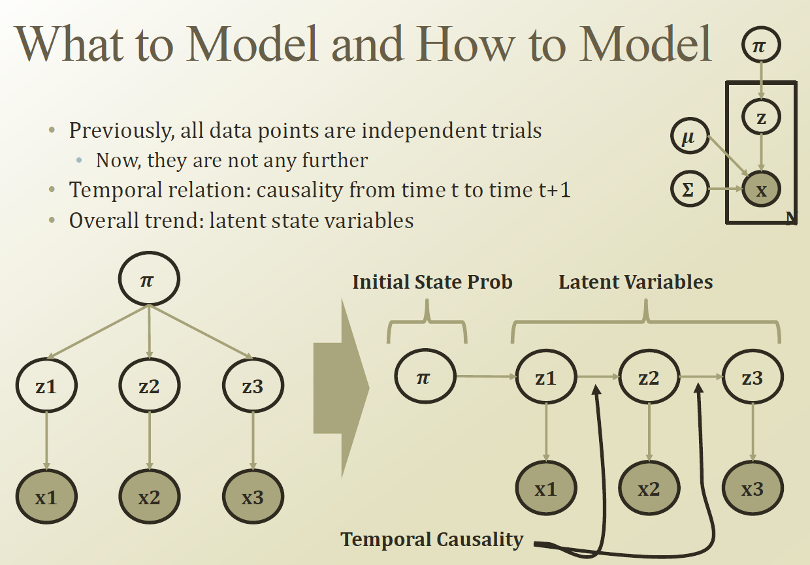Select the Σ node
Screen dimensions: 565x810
690,190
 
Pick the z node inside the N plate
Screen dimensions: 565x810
761,118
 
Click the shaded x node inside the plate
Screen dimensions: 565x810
761,190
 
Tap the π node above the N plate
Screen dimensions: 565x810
761,46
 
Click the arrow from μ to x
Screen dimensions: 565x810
728,157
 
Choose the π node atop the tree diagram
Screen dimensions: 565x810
148,280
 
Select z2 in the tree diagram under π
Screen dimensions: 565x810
149,386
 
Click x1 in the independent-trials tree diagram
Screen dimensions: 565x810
46,497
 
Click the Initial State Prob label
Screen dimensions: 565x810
432,282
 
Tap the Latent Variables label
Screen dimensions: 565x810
636,282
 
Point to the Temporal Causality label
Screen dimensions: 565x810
432,540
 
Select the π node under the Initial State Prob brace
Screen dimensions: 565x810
424,377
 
